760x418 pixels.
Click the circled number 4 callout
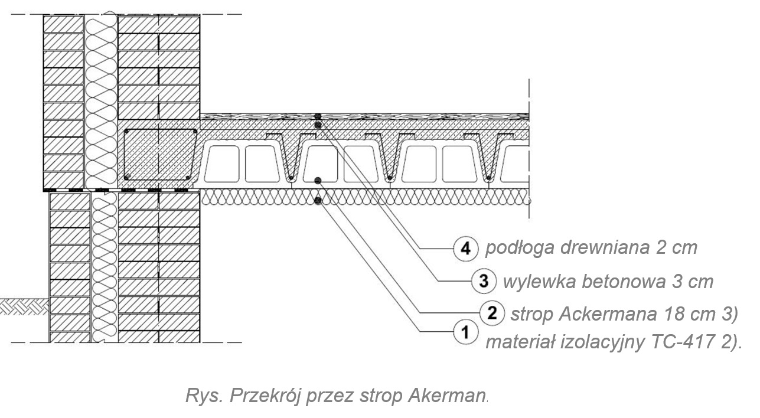[466, 249]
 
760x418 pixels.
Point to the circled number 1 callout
[465, 332]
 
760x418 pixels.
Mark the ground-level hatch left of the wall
[24, 305]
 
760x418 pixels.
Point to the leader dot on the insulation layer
[318, 201]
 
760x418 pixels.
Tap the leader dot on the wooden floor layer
[318, 116]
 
